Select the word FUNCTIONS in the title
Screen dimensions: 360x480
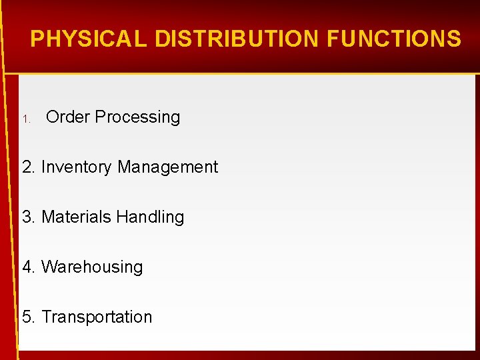pyautogui.click(x=393, y=39)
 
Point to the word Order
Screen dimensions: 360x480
pyautogui.click(x=67, y=117)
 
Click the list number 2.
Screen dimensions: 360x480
pyautogui.click(x=27, y=167)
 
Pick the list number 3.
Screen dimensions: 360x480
pyautogui.click(x=27, y=217)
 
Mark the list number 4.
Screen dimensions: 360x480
pyautogui.click(x=27, y=267)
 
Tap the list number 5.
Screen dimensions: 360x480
pyautogui.click(x=27, y=317)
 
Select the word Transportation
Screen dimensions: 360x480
pyautogui.click(x=97, y=317)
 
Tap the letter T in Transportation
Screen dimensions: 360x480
pyautogui.click(x=46, y=317)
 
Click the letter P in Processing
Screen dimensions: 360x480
pyautogui.click(x=100, y=117)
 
